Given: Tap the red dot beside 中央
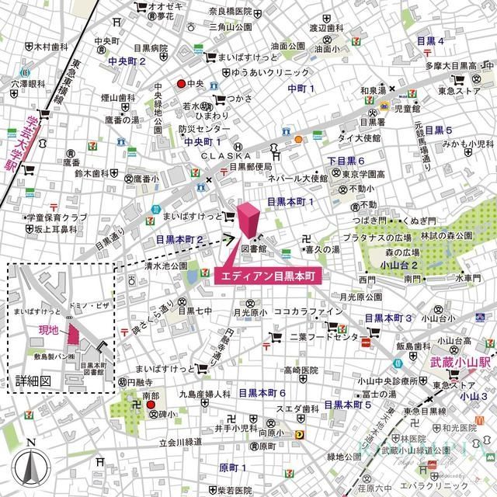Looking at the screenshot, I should pyautogui.click(x=181, y=84).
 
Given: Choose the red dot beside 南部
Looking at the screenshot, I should pyautogui.click(x=152, y=405).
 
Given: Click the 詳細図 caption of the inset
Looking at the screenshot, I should pyautogui.click(x=33, y=381).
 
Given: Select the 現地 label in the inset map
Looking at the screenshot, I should pyautogui.click(x=49, y=331).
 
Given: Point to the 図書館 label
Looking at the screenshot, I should pyautogui.click(x=253, y=249).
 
